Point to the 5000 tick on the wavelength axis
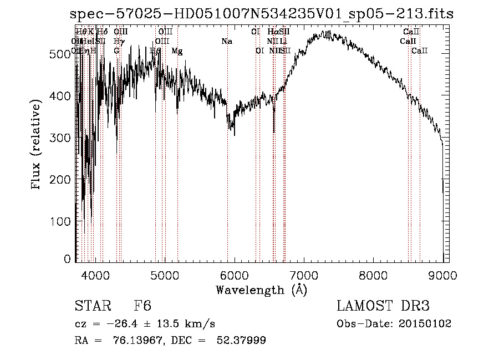coord(165,273)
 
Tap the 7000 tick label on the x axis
coord(304,273)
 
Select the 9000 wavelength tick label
coord(443,273)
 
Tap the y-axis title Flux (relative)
coord(37,145)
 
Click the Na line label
coord(226,41)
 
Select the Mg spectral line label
coord(177,51)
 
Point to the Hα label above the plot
coord(272,32)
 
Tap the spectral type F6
coord(142,306)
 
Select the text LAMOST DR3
coord(383,306)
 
